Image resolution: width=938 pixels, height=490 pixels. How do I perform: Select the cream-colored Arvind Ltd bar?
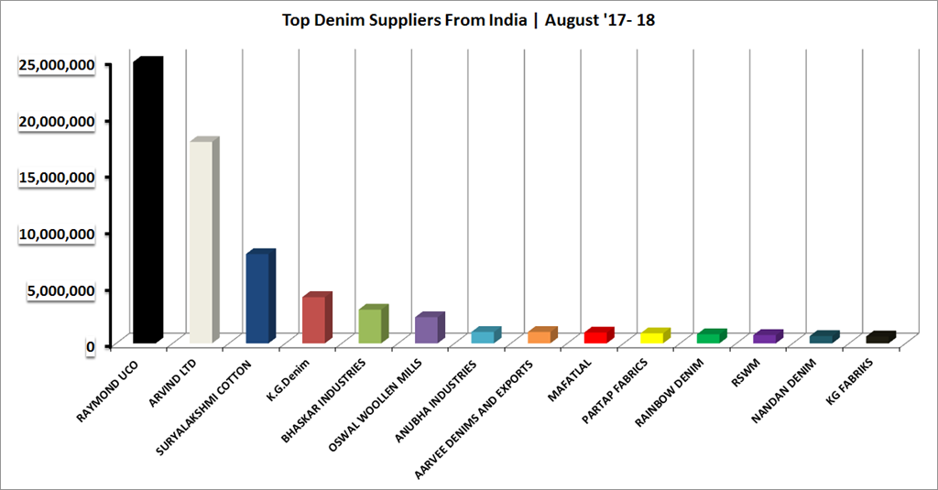coord(201,243)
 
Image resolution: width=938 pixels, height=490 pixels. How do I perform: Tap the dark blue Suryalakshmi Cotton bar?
coord(257,299)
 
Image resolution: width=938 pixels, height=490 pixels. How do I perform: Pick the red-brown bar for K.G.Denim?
coord(313,320)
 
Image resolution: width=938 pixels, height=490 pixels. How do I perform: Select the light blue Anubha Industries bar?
coord(483,336)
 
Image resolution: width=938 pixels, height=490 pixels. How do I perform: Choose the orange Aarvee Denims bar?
coord(540,337)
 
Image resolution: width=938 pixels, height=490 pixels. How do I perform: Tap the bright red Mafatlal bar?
coord(595,337)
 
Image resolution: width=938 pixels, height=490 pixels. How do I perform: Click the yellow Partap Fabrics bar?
coord(652,338)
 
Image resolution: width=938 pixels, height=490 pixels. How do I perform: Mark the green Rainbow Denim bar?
coord(708,338)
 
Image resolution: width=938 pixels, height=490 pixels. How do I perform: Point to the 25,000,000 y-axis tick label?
coord(57,65)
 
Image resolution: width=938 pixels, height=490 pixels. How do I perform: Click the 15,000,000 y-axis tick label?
coord(57,178)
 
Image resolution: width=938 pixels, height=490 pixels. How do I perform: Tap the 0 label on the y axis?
coord(91,346)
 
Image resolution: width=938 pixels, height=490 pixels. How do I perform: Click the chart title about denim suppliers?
coord(468,20)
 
